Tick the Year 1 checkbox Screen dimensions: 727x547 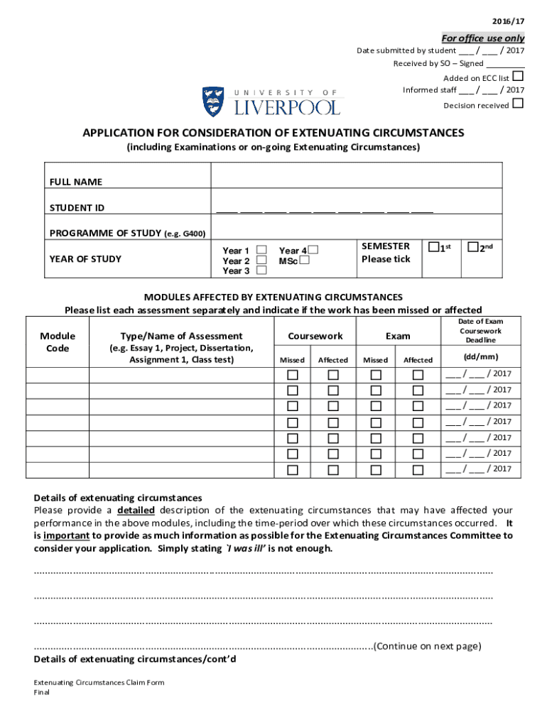(x=261, y=250)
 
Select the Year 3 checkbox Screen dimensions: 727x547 (x=261, y=270)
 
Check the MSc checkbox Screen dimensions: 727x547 (x=304, y=261)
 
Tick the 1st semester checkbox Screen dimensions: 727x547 (x=433, y=247)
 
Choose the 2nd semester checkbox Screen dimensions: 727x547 (x=472, y=247)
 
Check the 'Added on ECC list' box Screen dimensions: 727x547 (x=519, y=76)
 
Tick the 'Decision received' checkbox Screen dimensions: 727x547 (x=519, y=104)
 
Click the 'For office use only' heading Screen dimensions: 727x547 (x=483, y=38)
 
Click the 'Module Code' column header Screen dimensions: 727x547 (x=58, y=341)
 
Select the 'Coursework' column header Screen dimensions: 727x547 (x=315, y=336)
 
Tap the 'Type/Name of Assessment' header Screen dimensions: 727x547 (x=182, y=336)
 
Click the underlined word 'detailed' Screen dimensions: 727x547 (x=136, y=510)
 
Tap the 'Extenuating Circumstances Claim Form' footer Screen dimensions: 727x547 (x=99, y=682)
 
